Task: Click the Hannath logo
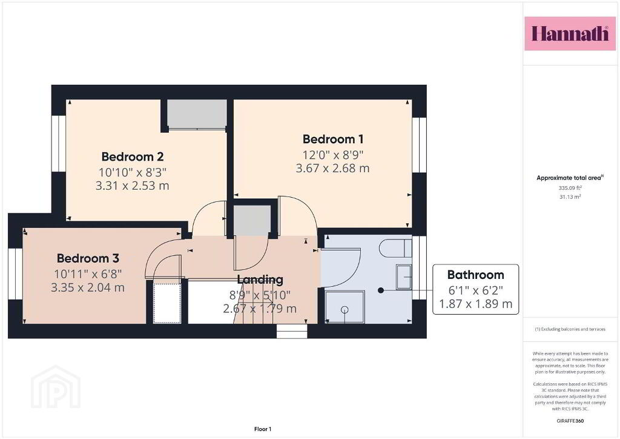coord(570,33)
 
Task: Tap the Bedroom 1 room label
coord(333,139)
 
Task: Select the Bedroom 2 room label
coord(133,157)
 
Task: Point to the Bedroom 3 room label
coord(88,258)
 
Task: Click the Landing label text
coord(260,280)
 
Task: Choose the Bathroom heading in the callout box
coord(476,275)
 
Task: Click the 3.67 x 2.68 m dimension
coord(333,168)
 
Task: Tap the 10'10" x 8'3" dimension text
coord(133,172)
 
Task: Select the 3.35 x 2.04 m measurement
coord(88,287)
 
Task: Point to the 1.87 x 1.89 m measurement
coord(476,304)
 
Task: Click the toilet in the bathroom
coord(395,248)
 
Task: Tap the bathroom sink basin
coord(404,276)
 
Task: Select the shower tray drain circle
coord(345,310)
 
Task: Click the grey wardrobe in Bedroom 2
coord(197,114)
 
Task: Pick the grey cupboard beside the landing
coord(252,220)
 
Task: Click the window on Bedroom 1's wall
coord(419,145)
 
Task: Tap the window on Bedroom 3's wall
coord(15,273)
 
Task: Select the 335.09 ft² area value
coord(570,188)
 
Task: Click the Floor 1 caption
coord(263,429)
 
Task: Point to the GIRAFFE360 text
coord(570,421)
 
